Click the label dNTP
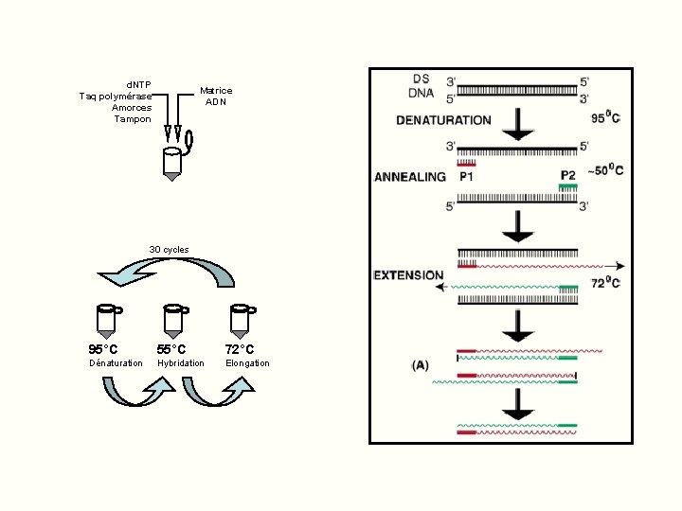coord(138,85)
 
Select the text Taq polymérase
coord(116,97)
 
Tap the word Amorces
coord(132,108)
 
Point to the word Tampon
coord(133,119)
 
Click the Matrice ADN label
coord(216,97)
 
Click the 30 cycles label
coord(169,250)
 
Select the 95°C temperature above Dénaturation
coord(103,349)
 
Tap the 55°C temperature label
coord(171,349)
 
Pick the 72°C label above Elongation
coord(240,349)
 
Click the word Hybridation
coord(180,363)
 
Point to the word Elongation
coord(247,363)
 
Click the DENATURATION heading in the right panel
coord(443,120)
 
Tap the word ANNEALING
coord(409,177)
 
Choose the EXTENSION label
coord(409,275)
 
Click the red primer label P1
coord(466,176)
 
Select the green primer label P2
coord(567,176)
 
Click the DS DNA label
coord(422,86)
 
